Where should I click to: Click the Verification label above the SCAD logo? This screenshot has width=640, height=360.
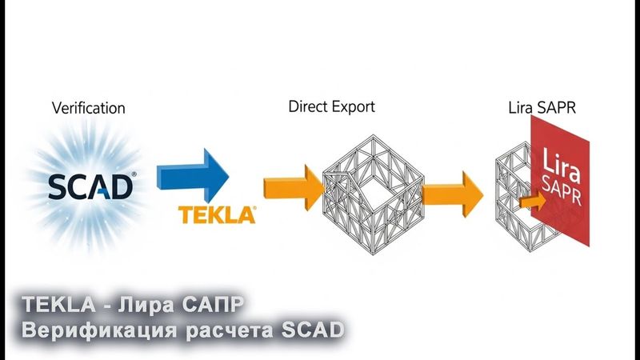tap(89, 106)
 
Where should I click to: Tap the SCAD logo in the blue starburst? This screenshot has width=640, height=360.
tap(90, 186)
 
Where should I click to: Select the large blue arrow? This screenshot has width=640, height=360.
tap(192, 175)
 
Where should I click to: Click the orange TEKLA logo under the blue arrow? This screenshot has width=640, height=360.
tap(217, 215)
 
